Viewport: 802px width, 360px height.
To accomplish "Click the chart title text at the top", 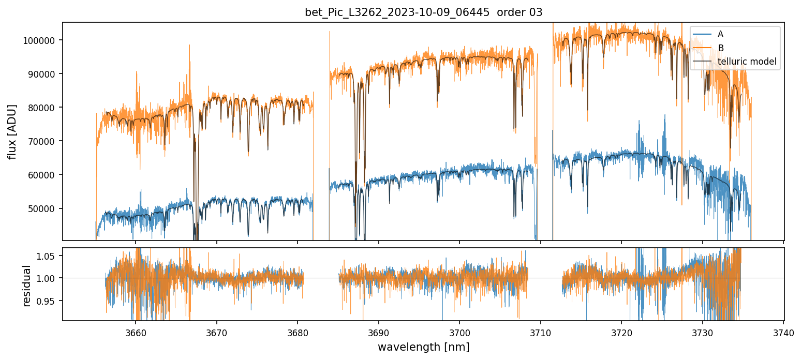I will pos(423,12).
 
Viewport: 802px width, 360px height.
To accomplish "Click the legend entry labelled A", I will pos(720,35).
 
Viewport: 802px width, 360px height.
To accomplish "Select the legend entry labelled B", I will pos(720,48).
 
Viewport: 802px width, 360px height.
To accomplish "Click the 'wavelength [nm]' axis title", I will pos(423,347).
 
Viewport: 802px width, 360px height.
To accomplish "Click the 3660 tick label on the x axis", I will pos(135,332).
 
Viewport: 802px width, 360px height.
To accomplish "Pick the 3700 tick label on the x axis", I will pos(459,332).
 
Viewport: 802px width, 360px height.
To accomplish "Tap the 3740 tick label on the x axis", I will pos(783,332).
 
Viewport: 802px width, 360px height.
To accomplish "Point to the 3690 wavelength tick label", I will pos(378,332).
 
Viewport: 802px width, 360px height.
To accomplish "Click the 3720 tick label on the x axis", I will pos(621,332).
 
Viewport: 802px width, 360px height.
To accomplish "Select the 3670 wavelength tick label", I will pos(216,332).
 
